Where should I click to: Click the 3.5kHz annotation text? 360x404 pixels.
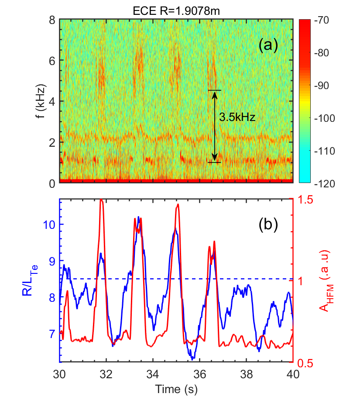pos(237,117)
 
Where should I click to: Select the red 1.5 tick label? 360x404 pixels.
pos(304,199)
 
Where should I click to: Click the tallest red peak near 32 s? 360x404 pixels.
pos(101,200)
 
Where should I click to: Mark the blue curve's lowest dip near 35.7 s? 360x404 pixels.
pos(192,359)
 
